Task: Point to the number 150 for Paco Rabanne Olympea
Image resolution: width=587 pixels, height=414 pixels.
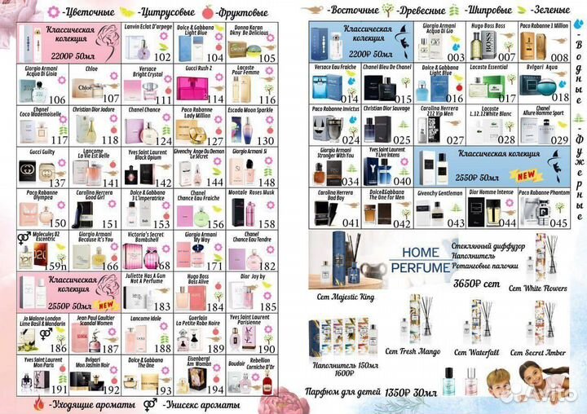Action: tap(58, 222)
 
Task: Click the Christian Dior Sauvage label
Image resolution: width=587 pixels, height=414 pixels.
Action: tap(383, 108)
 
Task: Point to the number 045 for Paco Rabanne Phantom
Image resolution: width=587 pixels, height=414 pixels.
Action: tap(558, 222)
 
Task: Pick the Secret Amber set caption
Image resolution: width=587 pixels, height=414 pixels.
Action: tap(538, 352)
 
